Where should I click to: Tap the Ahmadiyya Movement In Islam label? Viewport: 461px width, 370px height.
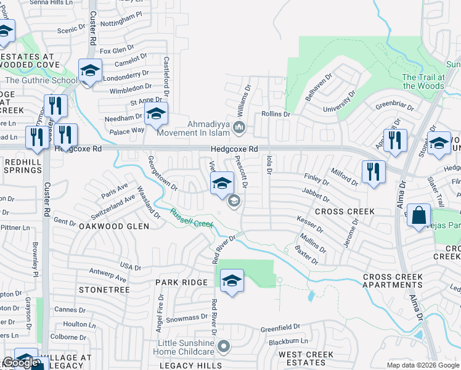tap(196, 128)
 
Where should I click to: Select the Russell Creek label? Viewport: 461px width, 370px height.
tap(192, 218)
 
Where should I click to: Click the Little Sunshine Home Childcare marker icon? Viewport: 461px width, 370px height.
tap(224, 347)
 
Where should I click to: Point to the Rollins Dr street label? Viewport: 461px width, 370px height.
tap(275, 114)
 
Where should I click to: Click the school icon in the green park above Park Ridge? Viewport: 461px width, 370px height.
tap(232, 281)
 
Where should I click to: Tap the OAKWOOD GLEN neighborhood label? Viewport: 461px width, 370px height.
tap(113, 226)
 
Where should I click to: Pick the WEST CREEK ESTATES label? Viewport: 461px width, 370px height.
tap(306, 359)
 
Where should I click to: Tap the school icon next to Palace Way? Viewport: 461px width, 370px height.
tap(156, 113)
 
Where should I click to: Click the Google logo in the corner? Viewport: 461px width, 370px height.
tap(20, 363)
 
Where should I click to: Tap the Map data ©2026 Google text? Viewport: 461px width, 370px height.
tap(422, 365)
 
